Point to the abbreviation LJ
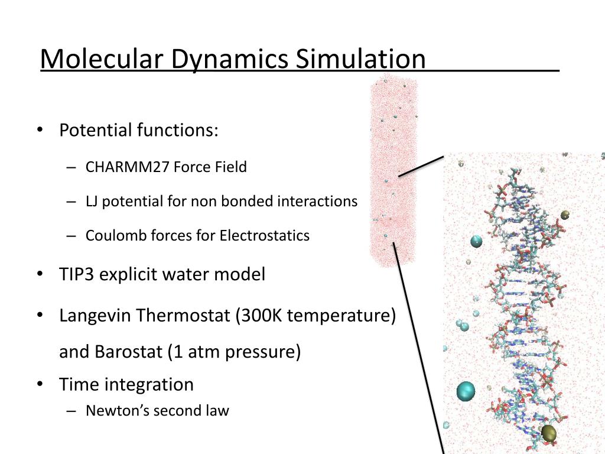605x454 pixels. (93, 202)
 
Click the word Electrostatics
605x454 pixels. (265, 236)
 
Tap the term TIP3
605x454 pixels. (77, 274)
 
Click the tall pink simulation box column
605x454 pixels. (393, 171)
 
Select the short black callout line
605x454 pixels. (421, 166)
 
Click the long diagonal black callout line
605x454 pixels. (418, 349)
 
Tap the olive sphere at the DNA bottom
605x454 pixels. (549, 433)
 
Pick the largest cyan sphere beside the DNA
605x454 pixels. (466, 391)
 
